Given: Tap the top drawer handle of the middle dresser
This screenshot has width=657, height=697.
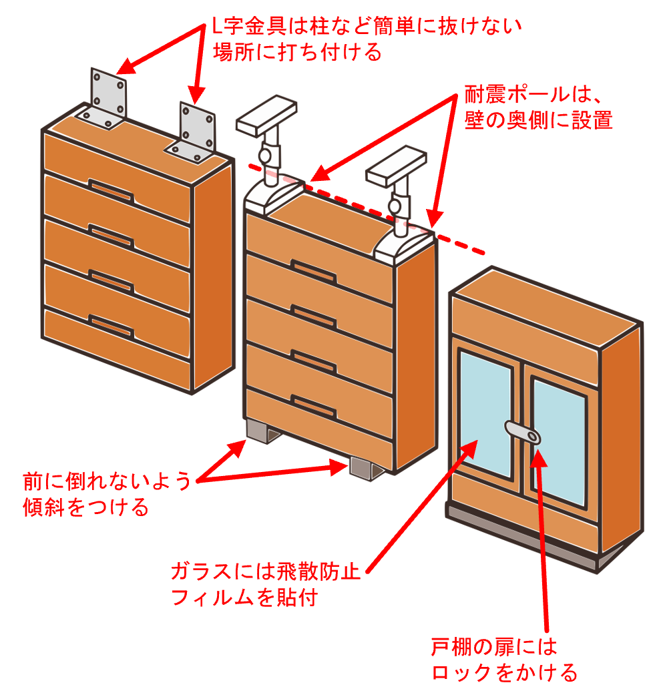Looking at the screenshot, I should (313, 271).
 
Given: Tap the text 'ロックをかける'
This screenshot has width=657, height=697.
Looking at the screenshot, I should (505, 672).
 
